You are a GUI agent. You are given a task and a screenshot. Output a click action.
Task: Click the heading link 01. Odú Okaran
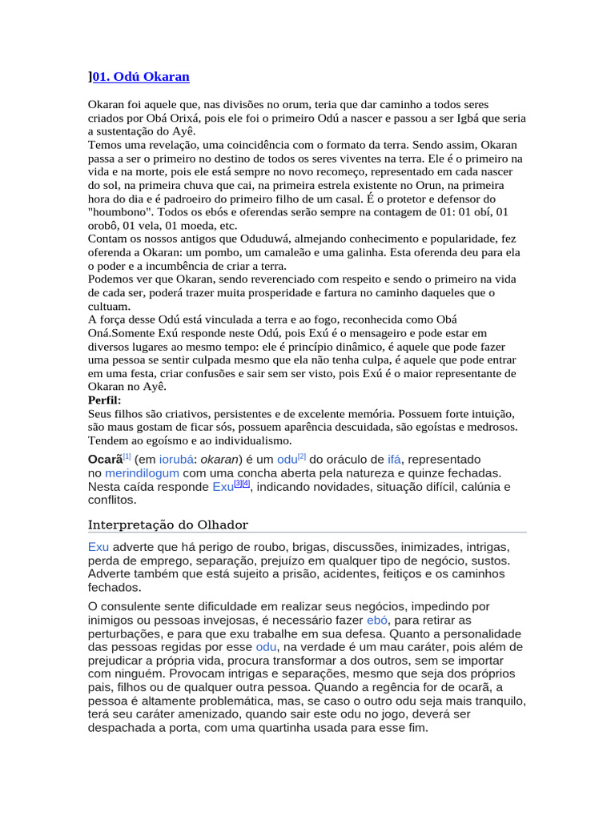coord(141,77)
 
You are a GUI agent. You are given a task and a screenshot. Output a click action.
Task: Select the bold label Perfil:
coord(105,400)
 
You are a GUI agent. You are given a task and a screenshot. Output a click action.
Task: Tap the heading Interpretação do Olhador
coord(167,525)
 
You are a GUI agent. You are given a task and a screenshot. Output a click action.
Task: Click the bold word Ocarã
coord(104,460)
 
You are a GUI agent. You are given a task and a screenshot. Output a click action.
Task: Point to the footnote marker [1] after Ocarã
coord(127,456)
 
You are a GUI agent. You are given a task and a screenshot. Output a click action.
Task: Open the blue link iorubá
coord(179,460)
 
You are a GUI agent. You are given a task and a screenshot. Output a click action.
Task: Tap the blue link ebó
coord(376,621)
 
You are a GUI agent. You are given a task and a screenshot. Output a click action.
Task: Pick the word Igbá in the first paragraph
coord(441,118)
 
